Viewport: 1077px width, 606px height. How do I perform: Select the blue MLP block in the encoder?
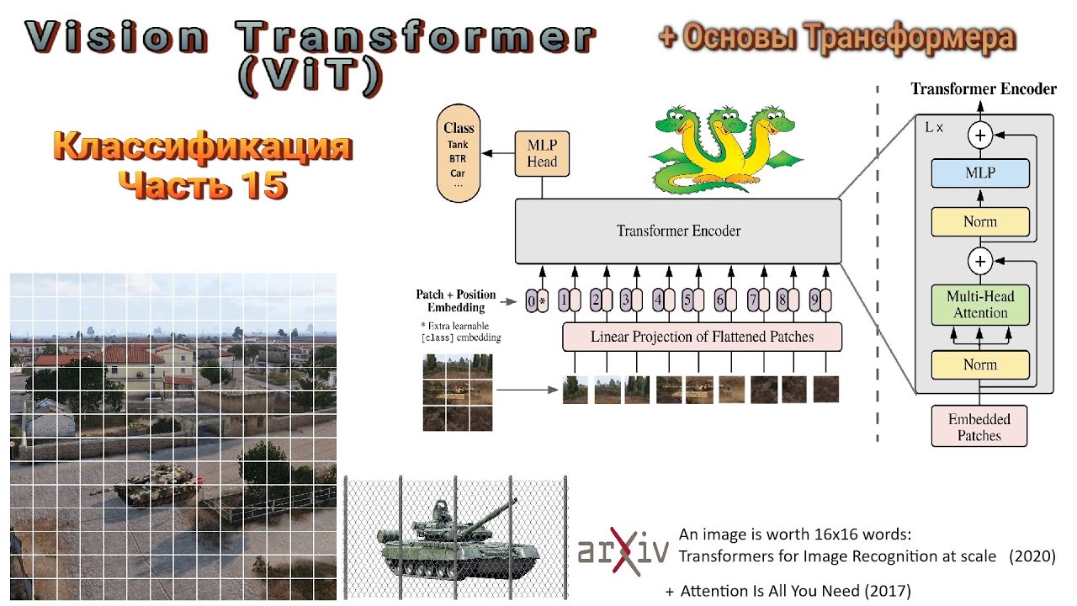click(979, 173)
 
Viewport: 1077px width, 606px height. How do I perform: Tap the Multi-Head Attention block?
click(979, 305)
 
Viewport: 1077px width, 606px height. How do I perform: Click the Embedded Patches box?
click(979, 426)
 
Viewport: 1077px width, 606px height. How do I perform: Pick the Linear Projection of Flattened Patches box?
click(702, 337)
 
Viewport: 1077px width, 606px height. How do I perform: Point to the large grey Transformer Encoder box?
click(678, 231)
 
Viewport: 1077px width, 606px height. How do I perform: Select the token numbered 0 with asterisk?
click(537, 300)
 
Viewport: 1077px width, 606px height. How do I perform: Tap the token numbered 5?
click(692, 300)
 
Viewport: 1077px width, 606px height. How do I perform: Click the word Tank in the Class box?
click(459, 145)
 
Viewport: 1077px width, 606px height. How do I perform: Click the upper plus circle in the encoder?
click(979, 133)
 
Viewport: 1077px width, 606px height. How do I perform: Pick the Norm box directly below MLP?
click(979, 222)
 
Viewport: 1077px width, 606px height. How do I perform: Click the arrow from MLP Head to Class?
click(497, 152)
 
